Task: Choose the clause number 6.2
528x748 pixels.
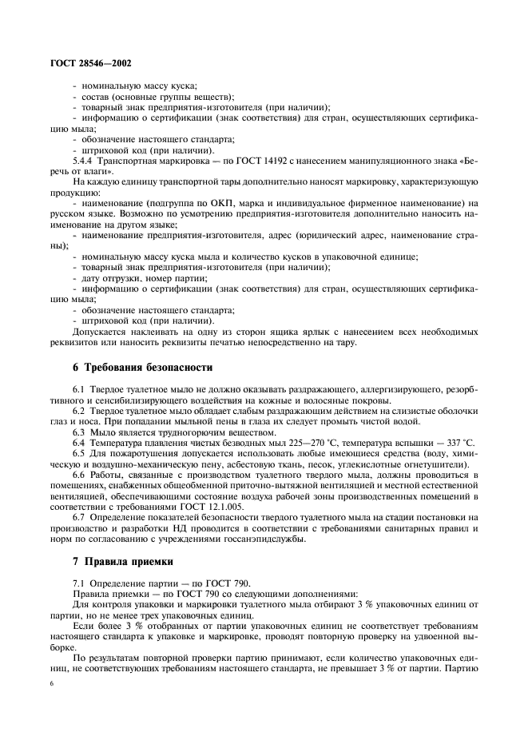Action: coord(80,411)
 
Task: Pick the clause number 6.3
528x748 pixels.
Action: coord(80,432)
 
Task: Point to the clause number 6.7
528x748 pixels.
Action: coord(80,519)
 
